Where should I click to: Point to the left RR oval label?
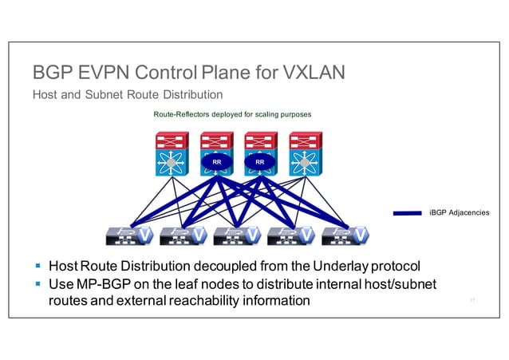pyautogui.click(x=215, y=163)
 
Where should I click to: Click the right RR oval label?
pyautogui.click(x=260, y=163)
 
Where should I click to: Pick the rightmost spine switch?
pyautogui.click(x=303, y=156)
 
